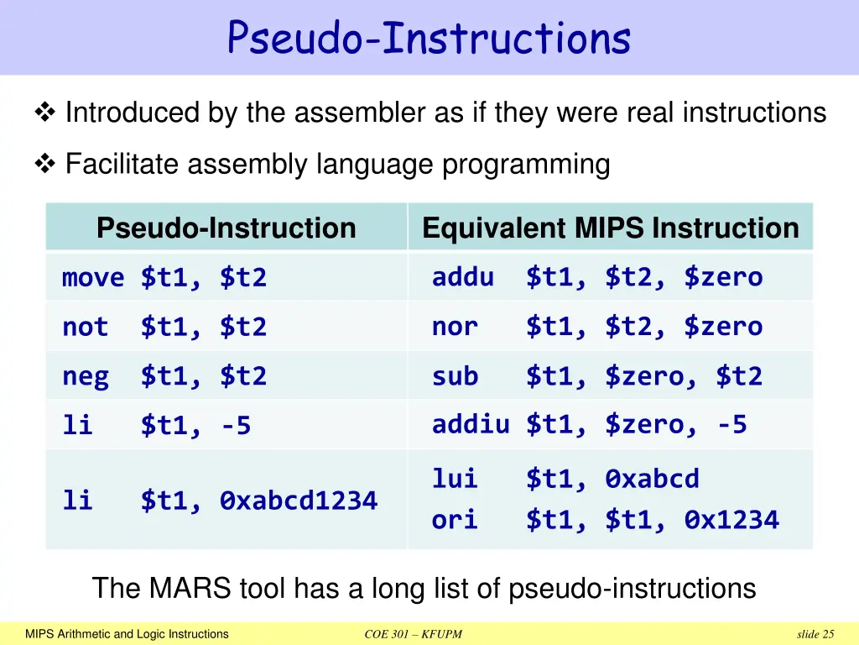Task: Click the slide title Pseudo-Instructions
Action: point(429,38)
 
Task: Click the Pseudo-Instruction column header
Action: point(226,228)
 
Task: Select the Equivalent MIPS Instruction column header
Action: point(610,228)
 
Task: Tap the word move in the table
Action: point(93,277)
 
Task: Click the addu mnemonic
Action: point(462,276)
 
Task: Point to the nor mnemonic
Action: point(455,326)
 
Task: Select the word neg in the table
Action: point(86,376)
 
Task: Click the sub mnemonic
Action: point(455,376)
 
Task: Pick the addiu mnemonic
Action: point(471,424)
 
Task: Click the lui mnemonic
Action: point(455,479)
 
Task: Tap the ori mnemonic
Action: point(455,520)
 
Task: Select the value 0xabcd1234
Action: point(299,501)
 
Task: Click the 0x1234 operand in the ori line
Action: point(731,520)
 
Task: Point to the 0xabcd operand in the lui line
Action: point(652,479)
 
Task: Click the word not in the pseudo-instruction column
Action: point(86,327)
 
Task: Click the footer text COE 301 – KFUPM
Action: point(414,634)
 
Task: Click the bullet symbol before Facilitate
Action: point(44,165)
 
